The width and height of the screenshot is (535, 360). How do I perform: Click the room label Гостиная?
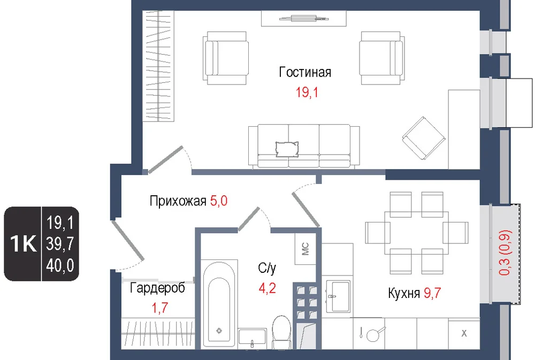(x=305, y=72)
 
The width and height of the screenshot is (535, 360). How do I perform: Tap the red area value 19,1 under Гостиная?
(x=307, y=93)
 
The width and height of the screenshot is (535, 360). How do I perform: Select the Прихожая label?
(x=178, y=201)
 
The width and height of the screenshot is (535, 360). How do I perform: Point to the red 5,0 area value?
(x=219, y=201)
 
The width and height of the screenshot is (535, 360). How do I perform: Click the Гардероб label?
(x=157, y=288)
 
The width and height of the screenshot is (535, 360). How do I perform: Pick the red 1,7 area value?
(x=159, y=308)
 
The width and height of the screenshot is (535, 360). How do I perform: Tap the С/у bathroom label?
(x=267, y=268)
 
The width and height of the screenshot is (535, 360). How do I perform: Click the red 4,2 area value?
(x=267, y=289)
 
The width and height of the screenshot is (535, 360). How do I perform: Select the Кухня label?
(x=403, y=294)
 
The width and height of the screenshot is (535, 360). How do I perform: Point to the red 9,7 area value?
(x=432, y=293)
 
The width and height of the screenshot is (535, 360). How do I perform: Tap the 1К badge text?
(x=23, y=243)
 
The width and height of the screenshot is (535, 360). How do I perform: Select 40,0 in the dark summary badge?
(x=60, y=265)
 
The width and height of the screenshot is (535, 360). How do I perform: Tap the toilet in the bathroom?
(x=281, y=331)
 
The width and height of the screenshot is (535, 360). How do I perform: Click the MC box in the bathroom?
(x=305, y=249)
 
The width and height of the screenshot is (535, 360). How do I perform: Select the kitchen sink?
(x=338, y=296)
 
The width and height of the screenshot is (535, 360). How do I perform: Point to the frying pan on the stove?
(x=374, y=334)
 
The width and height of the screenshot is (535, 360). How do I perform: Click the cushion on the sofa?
(x=287, y=149)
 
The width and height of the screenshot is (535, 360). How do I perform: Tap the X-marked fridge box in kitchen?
(x=464, y=333)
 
